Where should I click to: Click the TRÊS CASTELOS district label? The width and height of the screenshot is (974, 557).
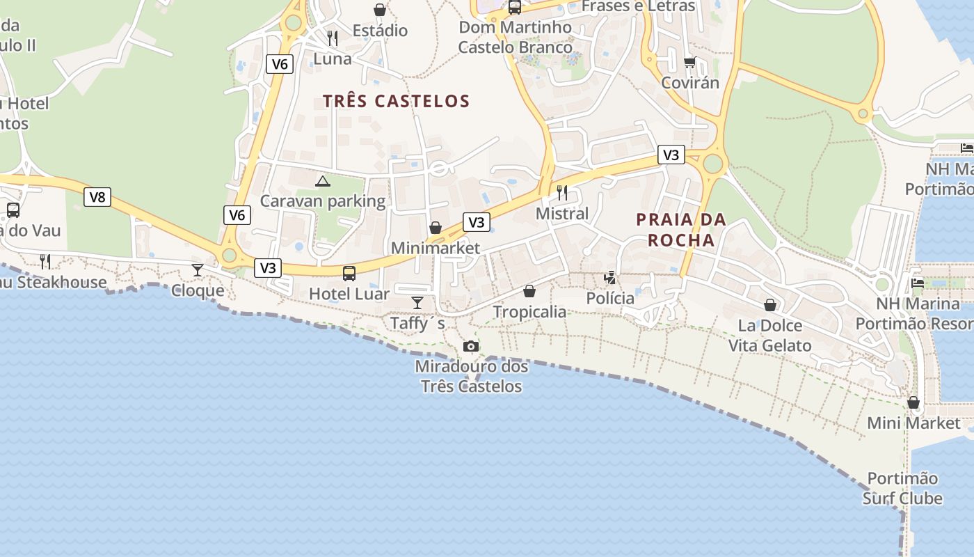pyautogui.click(x=397, y=101)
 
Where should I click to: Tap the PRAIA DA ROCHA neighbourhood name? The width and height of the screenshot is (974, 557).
pyautogui.click(x=681, y=230)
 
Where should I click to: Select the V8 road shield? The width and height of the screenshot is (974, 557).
pyautogui.click(x=98, y=197)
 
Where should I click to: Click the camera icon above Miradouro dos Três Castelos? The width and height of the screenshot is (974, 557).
pyautogui.click(x=471, y=346)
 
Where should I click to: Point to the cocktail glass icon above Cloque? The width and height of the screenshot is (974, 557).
pyautogui.click(x=198, y=270)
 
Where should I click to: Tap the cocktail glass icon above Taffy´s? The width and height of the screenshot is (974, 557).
pyautogui.click(x=417, y=302)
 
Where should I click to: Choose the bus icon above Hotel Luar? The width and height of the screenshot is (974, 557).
pyautogui.click(x=349, y=274)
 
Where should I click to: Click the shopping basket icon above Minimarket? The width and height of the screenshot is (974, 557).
pyautogui.click(x=436, y=228)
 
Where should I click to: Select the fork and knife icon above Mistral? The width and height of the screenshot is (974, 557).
pyautogui.click(x=562, y=193)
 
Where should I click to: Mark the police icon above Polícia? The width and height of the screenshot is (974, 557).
pyautogui.click(x=610, y=278)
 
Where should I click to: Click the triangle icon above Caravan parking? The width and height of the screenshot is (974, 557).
pyautogui.click(x=322, y=182)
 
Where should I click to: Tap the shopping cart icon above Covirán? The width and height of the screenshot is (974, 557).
pyautogui.click(x=690, y=62)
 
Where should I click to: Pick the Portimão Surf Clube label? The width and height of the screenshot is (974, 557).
pyautogui.click(x=902, y=488)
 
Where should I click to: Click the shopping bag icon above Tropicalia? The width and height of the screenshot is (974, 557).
pyautogui.click(x=529, y=291)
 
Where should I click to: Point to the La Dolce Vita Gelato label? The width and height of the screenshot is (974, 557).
pyautogui.click(x=769, y=336)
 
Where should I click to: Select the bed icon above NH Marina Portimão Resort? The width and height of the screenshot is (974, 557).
pyautogui.click(x=918, y=283)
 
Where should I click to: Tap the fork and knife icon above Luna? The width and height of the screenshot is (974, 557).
pyautogui.click(x=333, y=38)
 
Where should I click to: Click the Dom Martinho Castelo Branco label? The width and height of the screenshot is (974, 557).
pyautogui.click(x=515, y=38)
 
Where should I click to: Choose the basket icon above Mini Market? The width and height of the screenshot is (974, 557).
pyautogui.click(x=913, y=402)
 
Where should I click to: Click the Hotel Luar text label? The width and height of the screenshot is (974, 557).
pyautogui.click(x=349, y=294)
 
